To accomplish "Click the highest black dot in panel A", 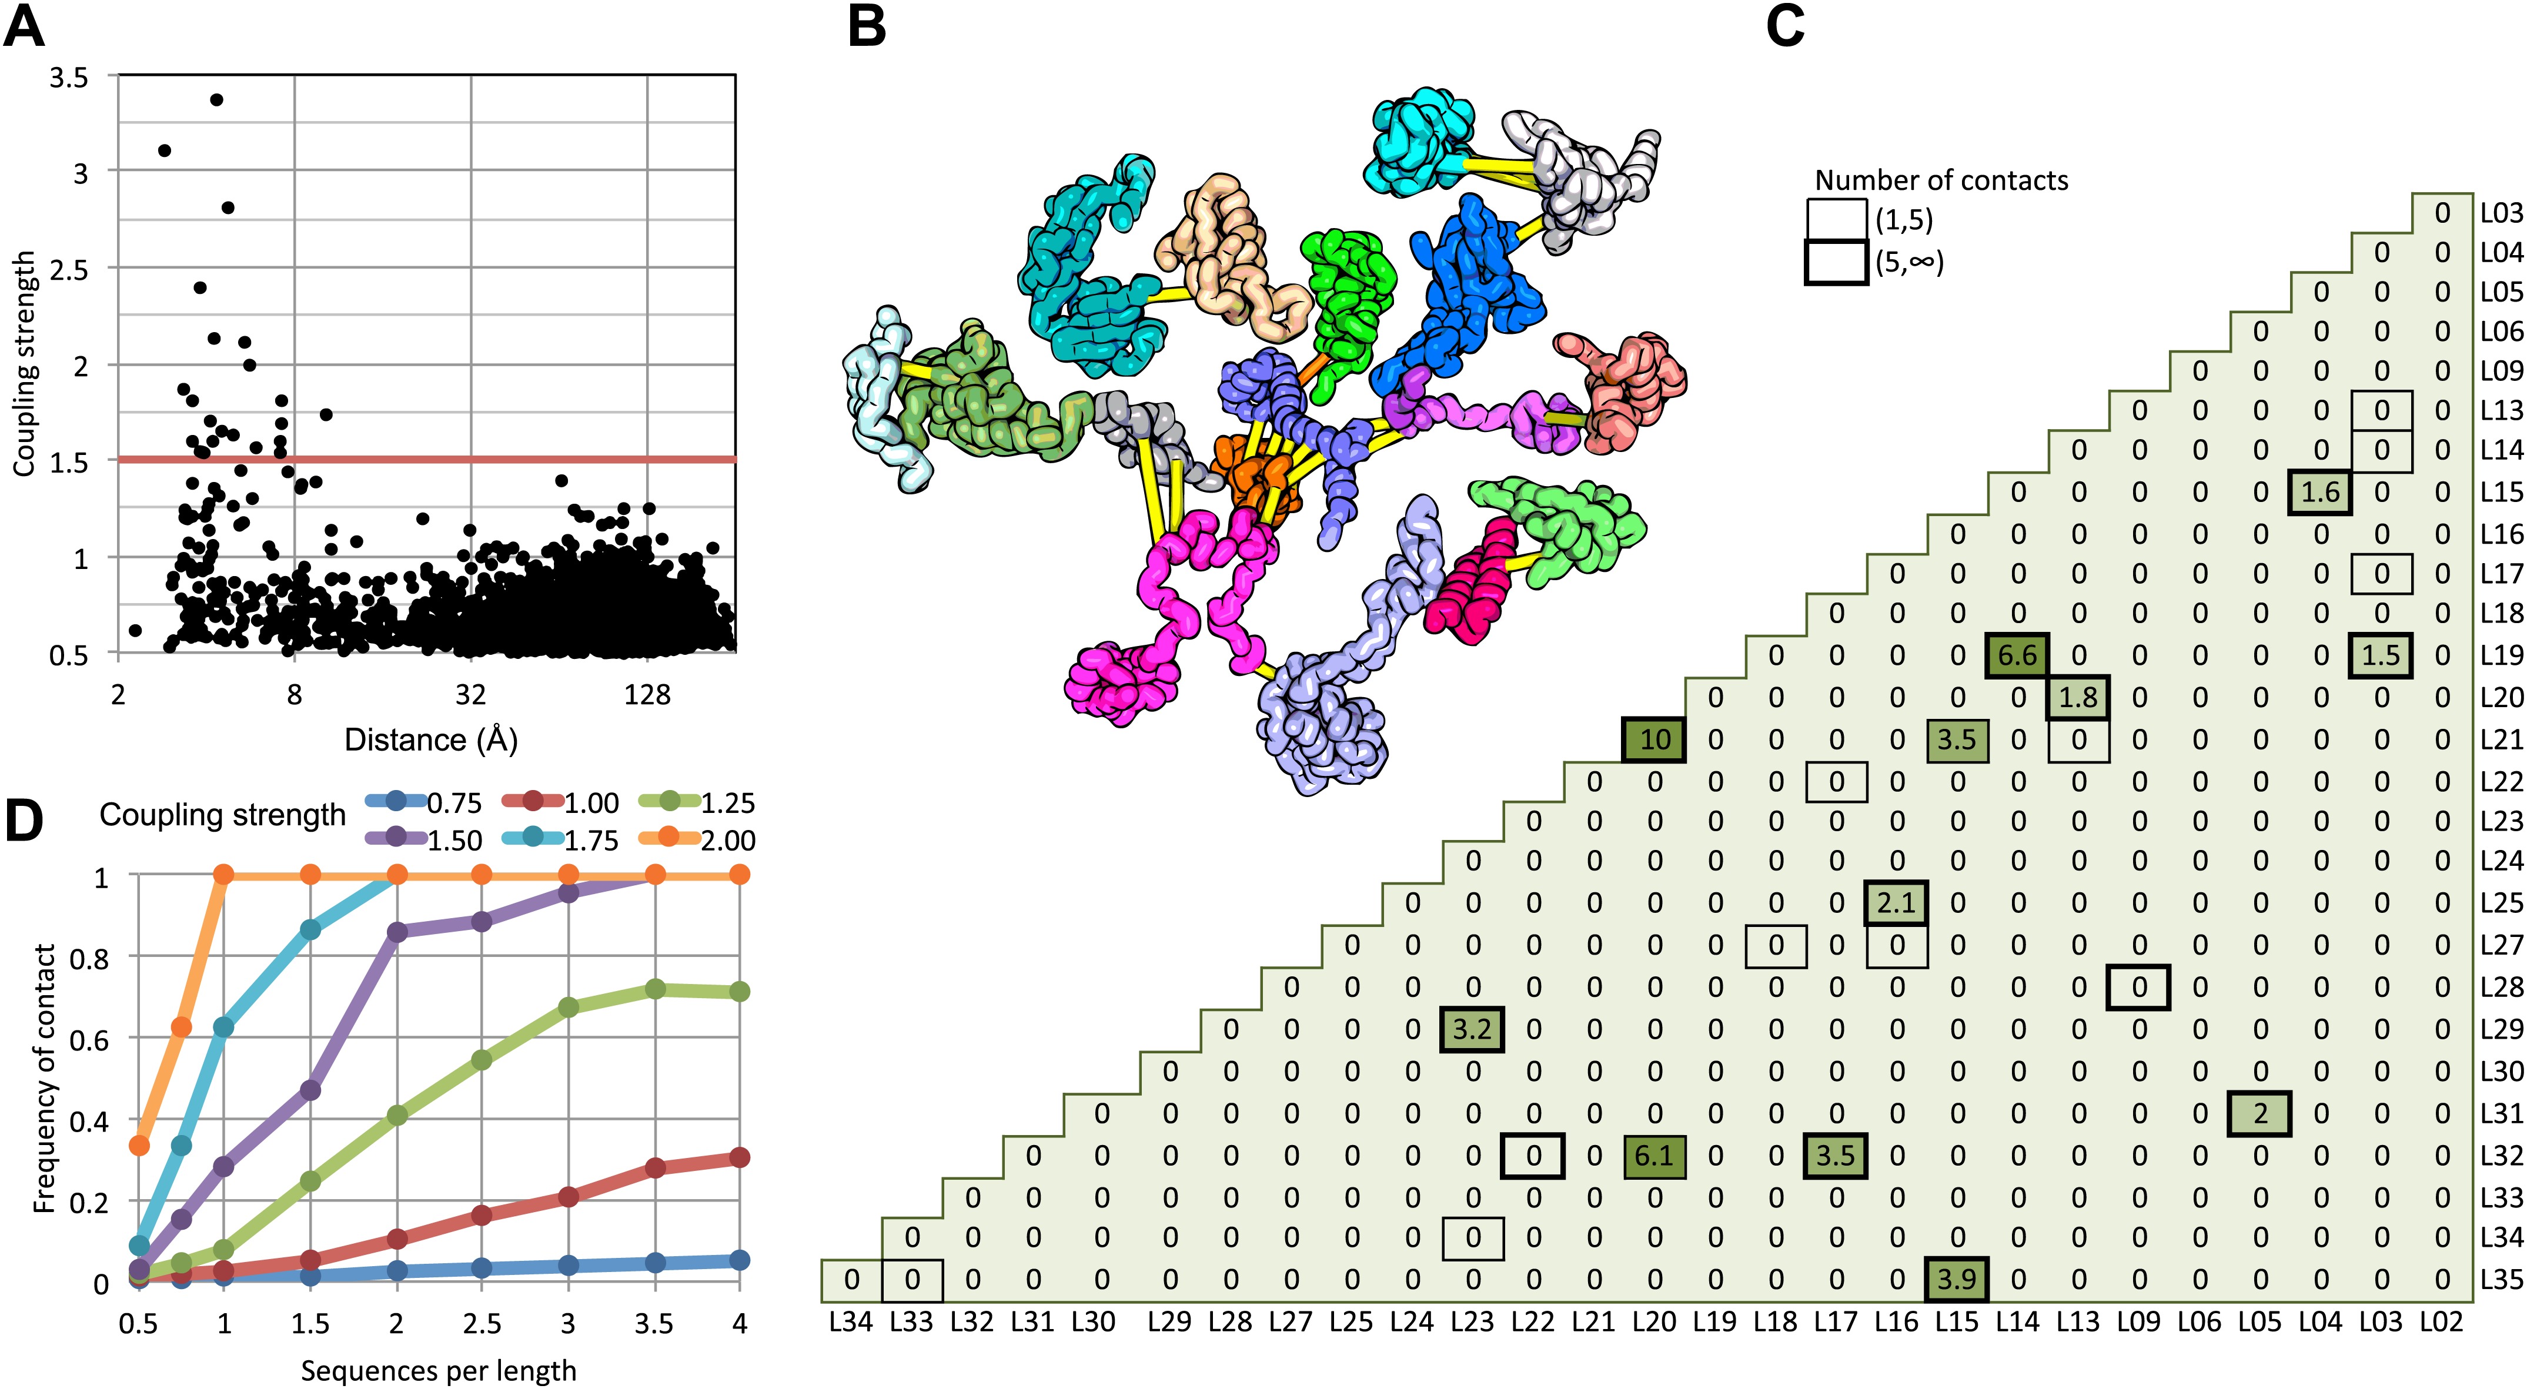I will coord(217,100).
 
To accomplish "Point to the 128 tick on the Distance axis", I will coord(647,695).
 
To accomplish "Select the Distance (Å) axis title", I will coord(430,739).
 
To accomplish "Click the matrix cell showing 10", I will coord(1654,739).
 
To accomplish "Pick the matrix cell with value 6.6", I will coord(2017,655).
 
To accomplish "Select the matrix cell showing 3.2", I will coord(1472,1029).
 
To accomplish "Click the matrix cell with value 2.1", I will coord(1896,902).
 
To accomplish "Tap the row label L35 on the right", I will coord(2501,1279).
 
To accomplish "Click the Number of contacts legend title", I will coord(1940,180).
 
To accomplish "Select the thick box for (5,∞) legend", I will coord(1836,263).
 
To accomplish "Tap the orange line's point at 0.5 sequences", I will coord(139,1144).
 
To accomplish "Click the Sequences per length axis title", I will coord(439,1370).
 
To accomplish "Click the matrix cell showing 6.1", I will coord(1654,1156).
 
